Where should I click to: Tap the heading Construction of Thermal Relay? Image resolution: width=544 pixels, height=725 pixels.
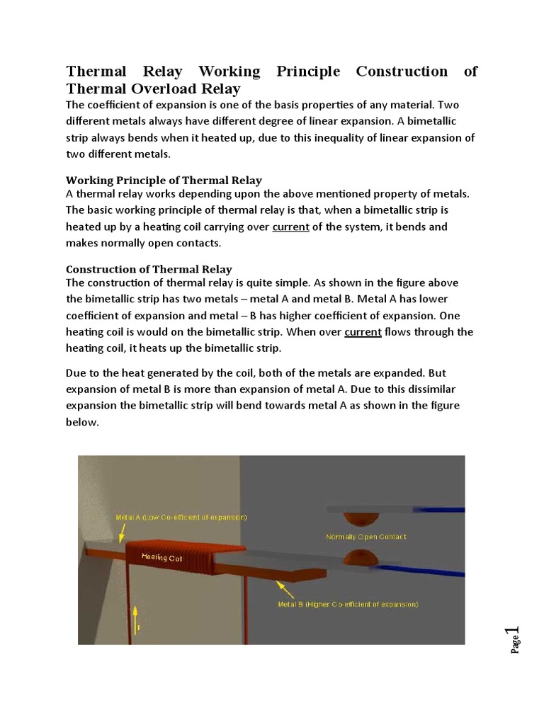pos(149,269)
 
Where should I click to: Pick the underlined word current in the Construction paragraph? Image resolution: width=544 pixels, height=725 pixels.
pos(363,332)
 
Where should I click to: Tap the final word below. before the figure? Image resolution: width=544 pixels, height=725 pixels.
pos(83,421)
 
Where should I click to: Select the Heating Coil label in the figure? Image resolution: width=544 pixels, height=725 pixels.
pos(162,557)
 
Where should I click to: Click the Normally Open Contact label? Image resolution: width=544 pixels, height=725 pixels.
pos(365,537)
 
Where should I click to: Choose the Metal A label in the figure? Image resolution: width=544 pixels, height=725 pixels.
pos(181,517)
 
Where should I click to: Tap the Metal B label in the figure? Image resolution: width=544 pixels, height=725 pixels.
pos(348,604)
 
